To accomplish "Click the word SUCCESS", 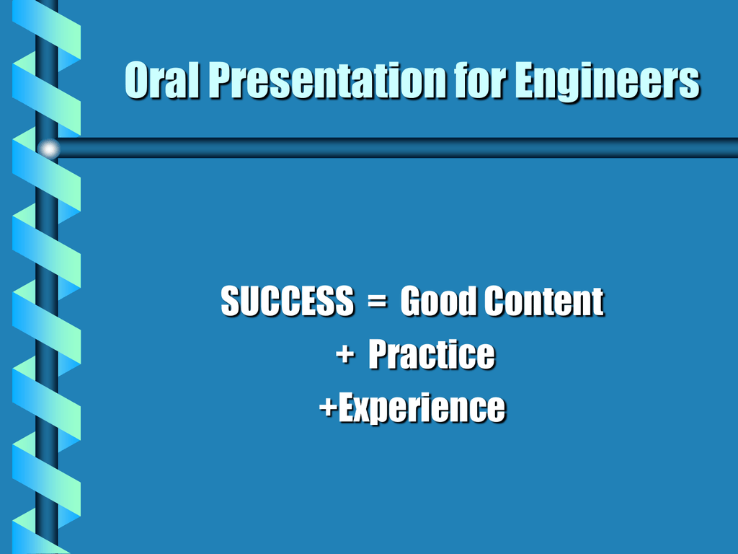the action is (287, 300).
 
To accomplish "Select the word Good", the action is (437, 300).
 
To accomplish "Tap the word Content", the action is (543, 300).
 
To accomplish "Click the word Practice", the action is (431, 353).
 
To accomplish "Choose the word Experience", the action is (422, 408).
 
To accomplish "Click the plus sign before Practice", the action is (345, 354).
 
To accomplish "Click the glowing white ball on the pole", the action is (48, 149).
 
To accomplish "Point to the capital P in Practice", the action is (380, 353).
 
